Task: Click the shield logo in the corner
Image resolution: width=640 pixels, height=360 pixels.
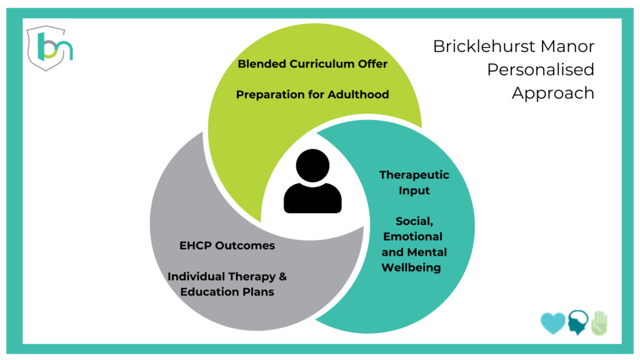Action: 49,48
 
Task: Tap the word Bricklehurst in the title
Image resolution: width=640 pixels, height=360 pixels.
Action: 484,46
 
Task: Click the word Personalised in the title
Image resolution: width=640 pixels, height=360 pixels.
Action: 541,69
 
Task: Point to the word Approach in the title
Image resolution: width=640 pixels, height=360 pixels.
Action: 553,94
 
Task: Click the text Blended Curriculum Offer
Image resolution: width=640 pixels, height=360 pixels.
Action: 312,64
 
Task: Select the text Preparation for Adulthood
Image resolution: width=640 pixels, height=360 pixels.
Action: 312,95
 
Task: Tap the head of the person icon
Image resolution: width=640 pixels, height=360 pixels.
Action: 312,165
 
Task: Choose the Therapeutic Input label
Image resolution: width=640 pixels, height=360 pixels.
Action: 414,183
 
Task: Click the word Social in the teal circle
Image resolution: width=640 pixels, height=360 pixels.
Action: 414,222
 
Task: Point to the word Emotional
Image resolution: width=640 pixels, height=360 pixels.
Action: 412,237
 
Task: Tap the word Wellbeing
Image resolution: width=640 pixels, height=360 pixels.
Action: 411,267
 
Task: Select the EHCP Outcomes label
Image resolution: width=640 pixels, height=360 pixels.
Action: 227,246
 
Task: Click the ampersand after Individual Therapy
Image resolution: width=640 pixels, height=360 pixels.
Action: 283,276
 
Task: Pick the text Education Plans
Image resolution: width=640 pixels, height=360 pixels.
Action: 227,292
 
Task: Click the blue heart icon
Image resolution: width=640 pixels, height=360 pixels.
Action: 553,323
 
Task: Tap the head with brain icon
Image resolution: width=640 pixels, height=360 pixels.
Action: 578,322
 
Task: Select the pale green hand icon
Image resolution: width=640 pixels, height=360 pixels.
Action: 599,323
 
